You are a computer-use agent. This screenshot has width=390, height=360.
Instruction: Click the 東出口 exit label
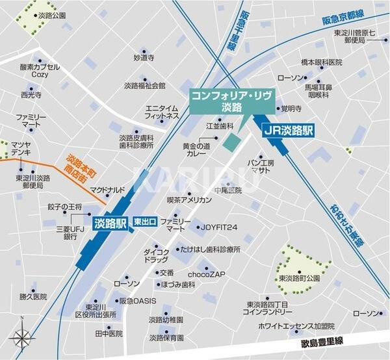point(144,222)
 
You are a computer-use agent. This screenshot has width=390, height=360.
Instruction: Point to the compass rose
point(21,338)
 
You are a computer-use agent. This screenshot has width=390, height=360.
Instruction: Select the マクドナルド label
point(108,190)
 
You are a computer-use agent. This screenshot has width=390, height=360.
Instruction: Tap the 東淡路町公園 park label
point(300,278)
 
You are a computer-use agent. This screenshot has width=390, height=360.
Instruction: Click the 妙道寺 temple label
point(144,57)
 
